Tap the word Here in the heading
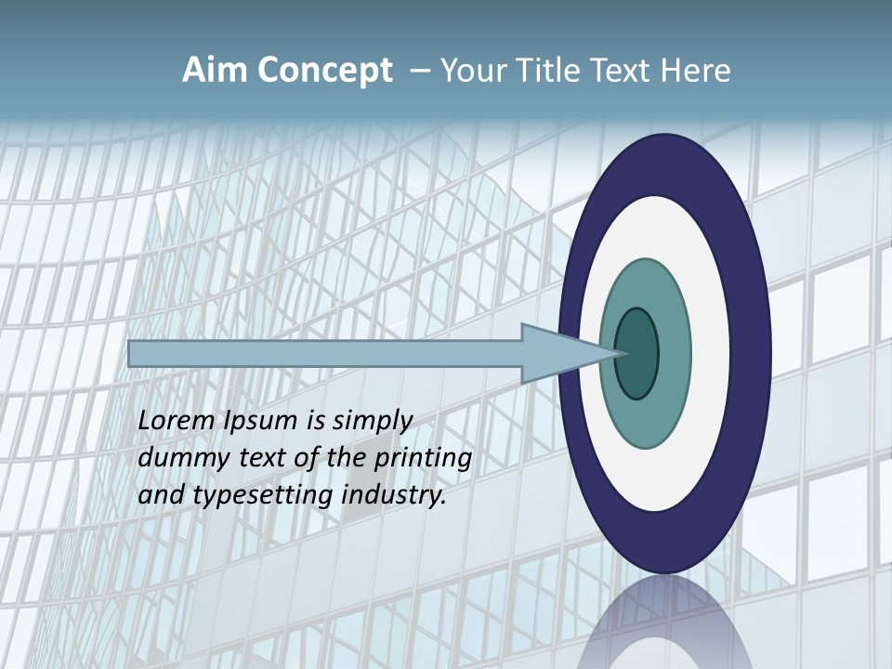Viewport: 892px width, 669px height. (695, 71)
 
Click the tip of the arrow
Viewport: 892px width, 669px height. (622, 353)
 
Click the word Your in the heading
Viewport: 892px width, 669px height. (472, 71)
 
